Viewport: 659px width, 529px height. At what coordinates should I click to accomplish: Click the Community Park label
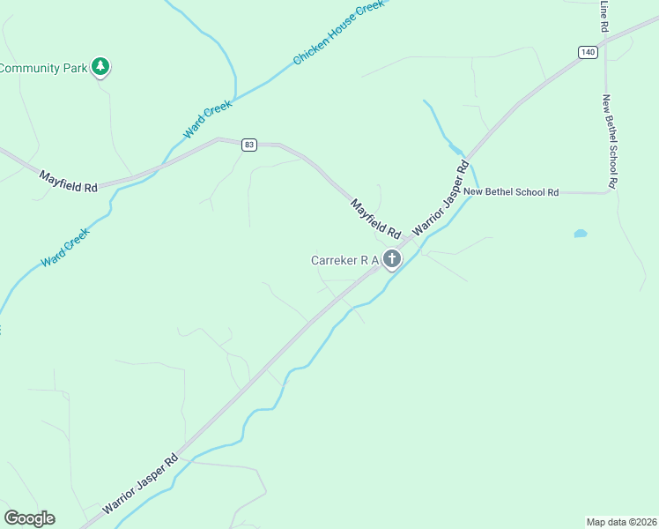coord(41,68)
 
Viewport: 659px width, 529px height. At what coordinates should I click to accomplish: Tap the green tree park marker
coord(101,66)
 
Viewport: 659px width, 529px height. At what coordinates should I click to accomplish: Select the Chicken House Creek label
coord(338,32)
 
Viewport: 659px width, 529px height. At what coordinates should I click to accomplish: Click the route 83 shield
coord(249,145)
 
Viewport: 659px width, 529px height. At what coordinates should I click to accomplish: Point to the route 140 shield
coord(588,53)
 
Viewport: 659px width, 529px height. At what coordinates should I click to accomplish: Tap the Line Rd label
coord(604,16)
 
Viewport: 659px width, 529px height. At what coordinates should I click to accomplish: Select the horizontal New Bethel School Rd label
coord(511,191)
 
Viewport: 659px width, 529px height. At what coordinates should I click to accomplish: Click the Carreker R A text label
coord(344,260)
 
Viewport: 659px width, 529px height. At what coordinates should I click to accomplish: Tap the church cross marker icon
coord(392,259)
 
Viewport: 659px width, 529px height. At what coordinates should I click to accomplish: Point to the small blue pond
coord(580,234)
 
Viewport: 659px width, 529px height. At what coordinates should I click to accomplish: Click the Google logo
coord(29,518)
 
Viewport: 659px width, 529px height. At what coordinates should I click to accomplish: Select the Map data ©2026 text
coord(621,521)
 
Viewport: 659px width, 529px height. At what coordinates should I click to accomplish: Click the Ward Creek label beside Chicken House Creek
coord(208,119)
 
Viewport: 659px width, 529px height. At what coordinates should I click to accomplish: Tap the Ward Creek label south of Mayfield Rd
coord(65,249)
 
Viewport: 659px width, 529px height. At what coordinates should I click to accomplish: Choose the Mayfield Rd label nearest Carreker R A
coord(375,220)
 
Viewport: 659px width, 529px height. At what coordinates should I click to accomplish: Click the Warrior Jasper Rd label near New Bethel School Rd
coord(439,197)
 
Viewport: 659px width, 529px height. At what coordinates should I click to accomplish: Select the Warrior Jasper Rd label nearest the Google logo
coord(140,484)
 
